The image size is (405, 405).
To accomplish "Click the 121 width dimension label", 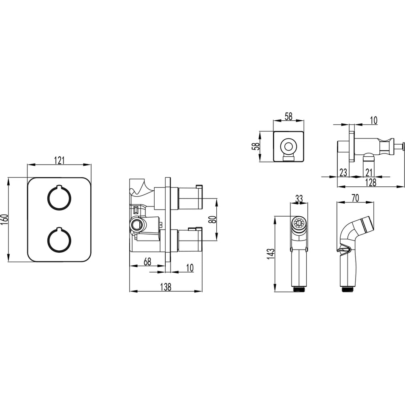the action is click(59, 160).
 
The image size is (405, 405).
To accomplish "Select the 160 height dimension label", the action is click(5, 219).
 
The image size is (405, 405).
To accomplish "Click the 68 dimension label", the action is click(147, 262).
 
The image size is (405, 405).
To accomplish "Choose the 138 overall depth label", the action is click(166, 287).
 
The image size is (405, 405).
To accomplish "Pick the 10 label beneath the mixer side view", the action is click(190, 268).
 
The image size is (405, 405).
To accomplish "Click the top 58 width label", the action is click(288, 116).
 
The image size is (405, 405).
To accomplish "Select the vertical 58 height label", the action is click(256, 147).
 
